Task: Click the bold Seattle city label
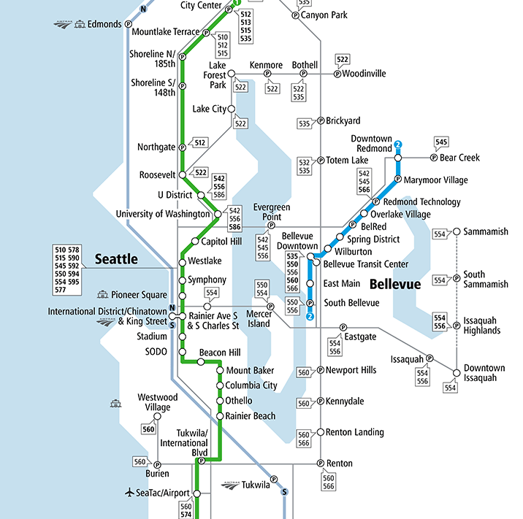click(x=116, y=258)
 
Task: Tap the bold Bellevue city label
click(x=395, y=284)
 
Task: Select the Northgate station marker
click(x=183, y=147)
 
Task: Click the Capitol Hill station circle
click(x=195, y=242)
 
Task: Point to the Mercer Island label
click(x=259, y=318)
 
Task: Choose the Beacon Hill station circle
click(x=183, y=353)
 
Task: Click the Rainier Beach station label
click(x=251, y=416)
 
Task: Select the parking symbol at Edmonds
click(x=129, y=24)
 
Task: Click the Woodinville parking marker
click(x=337, y=74)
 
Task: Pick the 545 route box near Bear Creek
click(x=441, y=142)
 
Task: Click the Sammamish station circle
click(x=457, y=232)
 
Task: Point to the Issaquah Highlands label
click(x=482, y=326)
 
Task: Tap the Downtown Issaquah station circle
click(x=457, y=373)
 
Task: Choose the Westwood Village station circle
click(x=157, y=416)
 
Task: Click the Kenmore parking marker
click(x=267, y=74)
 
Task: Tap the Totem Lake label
click(x=347, y=160)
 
